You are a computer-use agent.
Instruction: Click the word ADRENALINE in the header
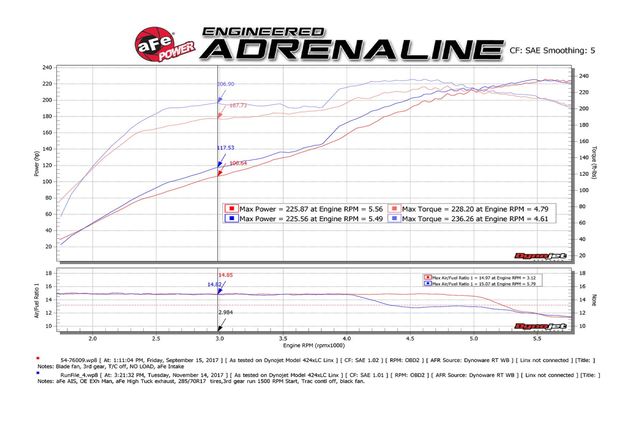click(x=351, y=49)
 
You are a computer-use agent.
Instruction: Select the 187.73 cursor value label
click(x=238, y=106)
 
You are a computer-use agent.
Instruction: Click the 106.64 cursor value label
click(x=238, y=163)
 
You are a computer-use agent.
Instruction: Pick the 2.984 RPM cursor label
click(x=226, y=313)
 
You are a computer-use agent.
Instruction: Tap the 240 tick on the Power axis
click(x=47, y=67)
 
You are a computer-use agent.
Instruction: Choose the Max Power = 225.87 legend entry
click(x=305, y=209)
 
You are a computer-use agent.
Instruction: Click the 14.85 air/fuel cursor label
click(x=226, y=275)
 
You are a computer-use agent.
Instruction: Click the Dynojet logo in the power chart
click(x=540, y=256)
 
